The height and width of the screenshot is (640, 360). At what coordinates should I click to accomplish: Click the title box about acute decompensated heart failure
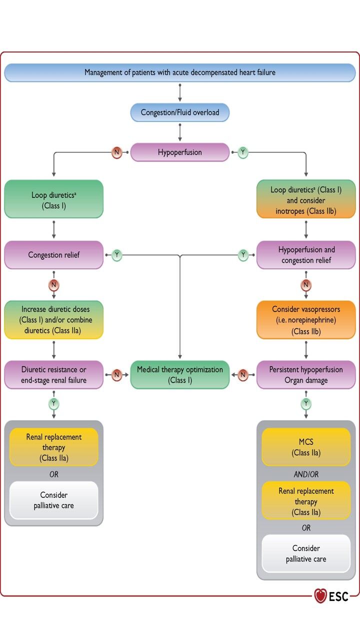coord(180,72)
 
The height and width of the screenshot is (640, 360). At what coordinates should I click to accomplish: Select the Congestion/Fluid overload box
coord(180,112)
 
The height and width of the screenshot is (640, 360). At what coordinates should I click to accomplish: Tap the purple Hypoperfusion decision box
coord(180,152)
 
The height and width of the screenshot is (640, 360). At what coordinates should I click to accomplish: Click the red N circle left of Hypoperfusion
coord(117,152)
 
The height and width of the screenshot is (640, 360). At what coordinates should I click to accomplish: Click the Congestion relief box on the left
coord(54,255)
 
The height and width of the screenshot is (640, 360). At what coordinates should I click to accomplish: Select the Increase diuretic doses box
coord(54,320)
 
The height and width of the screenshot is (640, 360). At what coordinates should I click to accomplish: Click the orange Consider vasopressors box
coord(306,320)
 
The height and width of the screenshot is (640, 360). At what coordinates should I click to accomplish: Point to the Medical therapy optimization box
coord(180,374)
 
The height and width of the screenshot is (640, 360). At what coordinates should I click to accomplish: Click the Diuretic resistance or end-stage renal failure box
coord(54,374)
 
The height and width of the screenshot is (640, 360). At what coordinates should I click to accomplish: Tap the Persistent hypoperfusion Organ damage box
coord(306,374)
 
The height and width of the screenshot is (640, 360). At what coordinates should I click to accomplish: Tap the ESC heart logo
coord(320,595)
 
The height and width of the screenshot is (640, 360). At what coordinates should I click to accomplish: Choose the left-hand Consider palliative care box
coord(54,500)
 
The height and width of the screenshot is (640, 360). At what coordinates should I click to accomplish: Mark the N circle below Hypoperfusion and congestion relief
coord(306,285)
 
